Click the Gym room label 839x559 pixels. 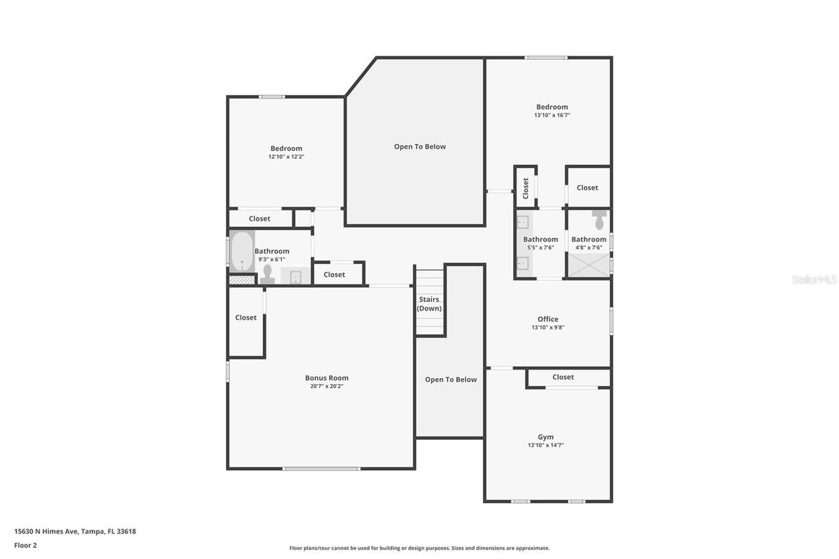546,437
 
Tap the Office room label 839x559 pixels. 548,319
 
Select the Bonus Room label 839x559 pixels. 326,377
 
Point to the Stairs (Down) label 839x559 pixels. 429,303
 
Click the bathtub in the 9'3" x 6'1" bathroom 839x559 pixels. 242,252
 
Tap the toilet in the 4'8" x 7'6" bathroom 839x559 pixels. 599,220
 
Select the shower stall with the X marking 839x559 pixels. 589,265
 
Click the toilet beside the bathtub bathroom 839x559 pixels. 267,275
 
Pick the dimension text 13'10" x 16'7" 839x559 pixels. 552,115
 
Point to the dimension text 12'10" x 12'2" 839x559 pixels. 286,157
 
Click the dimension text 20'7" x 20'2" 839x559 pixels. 326,386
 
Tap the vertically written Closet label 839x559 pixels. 526,188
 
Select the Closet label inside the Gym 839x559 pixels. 563,377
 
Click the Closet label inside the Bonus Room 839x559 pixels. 246,317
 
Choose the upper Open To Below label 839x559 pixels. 420,147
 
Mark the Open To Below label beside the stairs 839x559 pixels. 450,379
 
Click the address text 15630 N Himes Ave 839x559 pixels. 46,531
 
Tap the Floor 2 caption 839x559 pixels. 26,545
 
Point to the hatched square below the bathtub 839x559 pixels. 242,280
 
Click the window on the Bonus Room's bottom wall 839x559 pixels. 321,469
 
